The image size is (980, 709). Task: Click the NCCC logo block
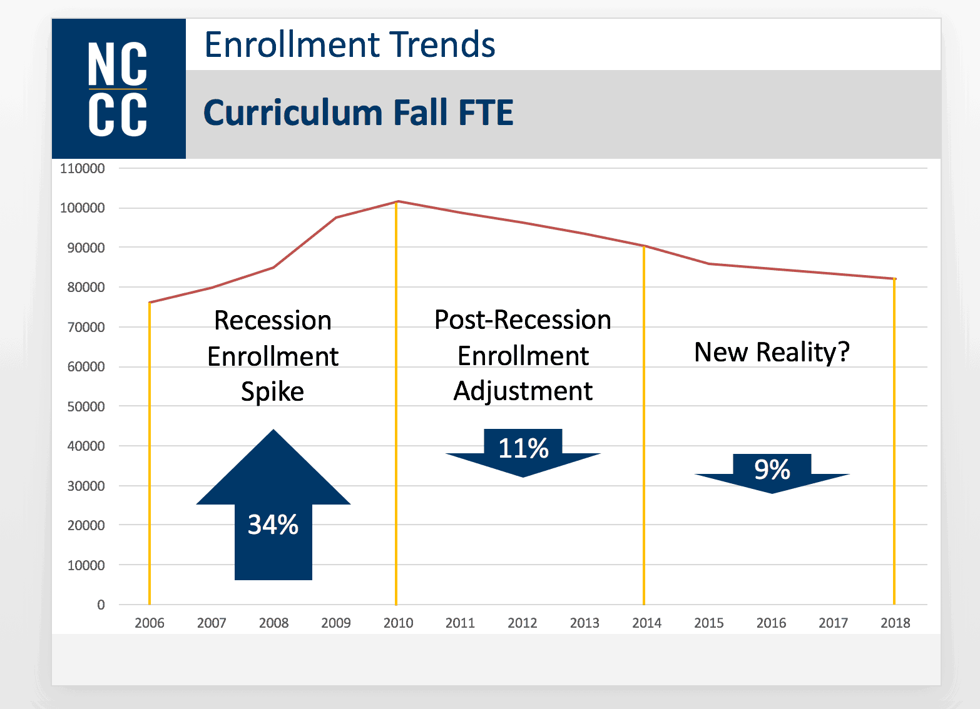[x=118, y=89]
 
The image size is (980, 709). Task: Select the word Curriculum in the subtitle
[x=293, y=113]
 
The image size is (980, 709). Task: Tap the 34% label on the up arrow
[x=273, y=525]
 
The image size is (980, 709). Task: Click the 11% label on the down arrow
[x=523, y=448]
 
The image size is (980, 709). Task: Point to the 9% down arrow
[x=772, y=470]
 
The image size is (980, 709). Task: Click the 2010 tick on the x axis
[x=398, y=623]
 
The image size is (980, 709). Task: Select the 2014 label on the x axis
[x=646, y=623]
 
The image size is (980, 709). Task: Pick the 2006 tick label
[x=150, y=623]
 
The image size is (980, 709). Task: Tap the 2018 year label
[x=895, y=623]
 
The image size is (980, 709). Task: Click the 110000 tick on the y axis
[x=83, y=168]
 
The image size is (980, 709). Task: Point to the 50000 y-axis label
[x=86, y=406]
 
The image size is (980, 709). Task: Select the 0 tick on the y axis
[x=101, y=605]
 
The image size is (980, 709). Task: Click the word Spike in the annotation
[x=272, y=392]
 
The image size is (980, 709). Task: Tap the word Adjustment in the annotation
[x=523, y=391]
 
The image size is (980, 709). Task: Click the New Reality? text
[x=772, y=352]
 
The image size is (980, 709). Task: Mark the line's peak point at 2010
[x=398, y=201]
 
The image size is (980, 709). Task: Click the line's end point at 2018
[x=895, y=279]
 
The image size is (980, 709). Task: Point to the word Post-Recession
[x=523, y=319]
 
